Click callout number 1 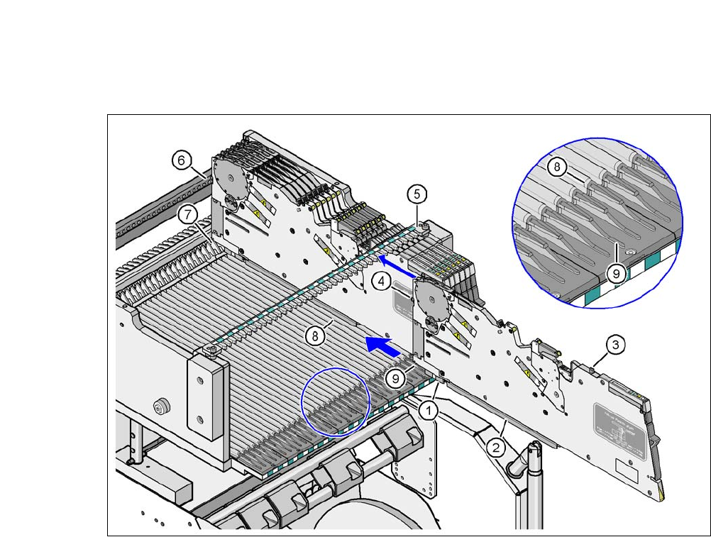click(427, 409)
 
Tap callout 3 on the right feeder click(615, 345)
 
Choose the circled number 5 click(417, 193)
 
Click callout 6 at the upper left click(182, 161)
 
